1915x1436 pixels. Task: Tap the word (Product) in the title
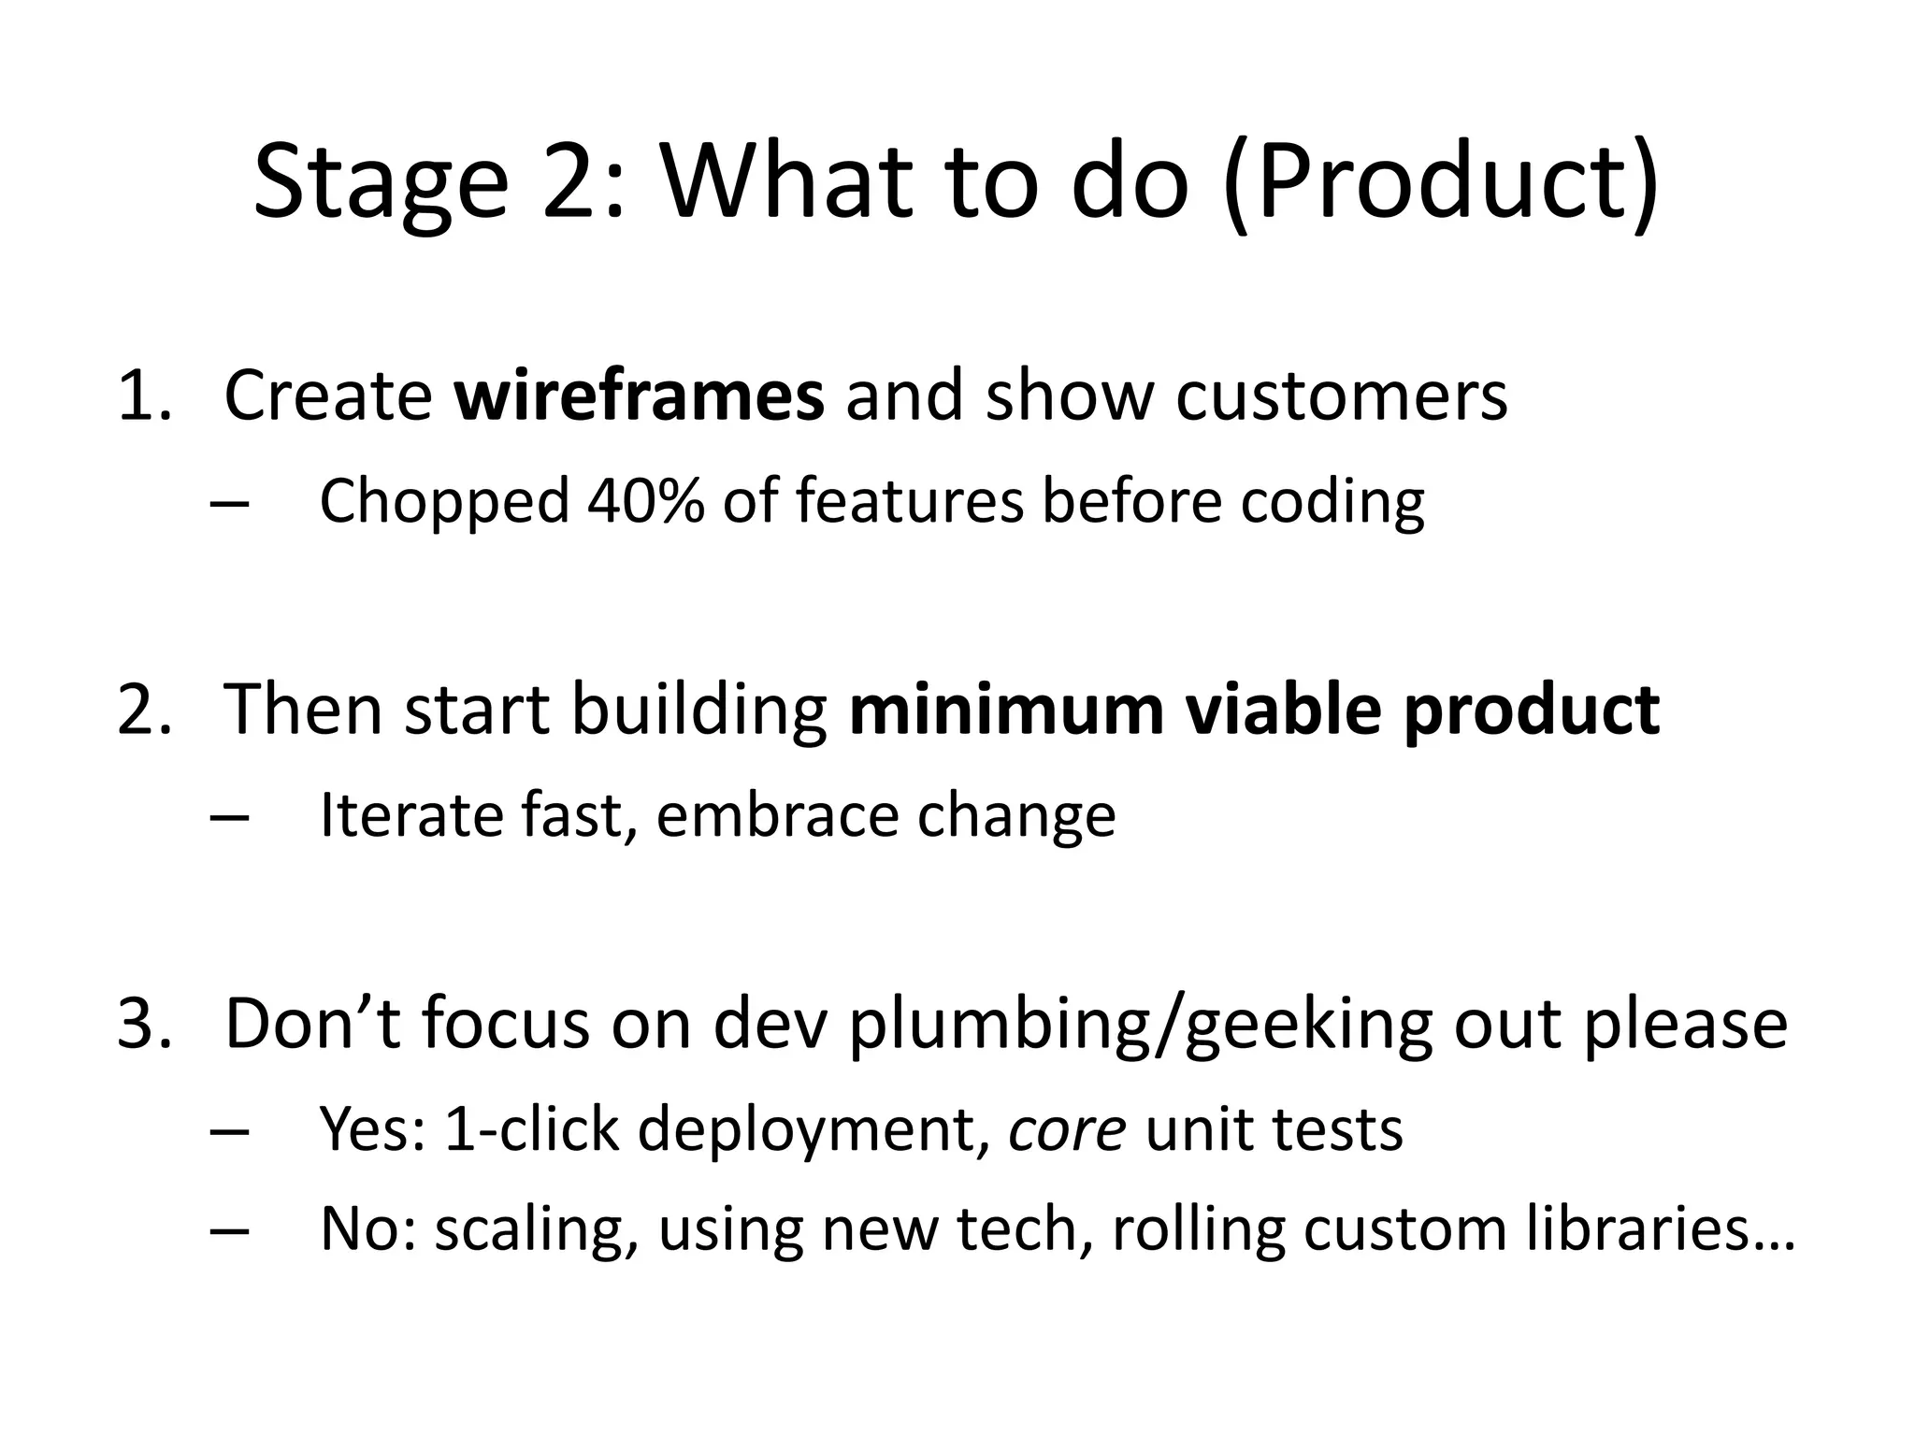1441,182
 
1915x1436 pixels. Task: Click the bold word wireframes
639,395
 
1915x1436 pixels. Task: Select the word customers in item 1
1341,395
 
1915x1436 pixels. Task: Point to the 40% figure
645,500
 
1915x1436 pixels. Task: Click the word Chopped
444,502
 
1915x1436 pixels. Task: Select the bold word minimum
1007,710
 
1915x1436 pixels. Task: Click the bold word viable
1283,710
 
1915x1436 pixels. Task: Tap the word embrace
775,814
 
